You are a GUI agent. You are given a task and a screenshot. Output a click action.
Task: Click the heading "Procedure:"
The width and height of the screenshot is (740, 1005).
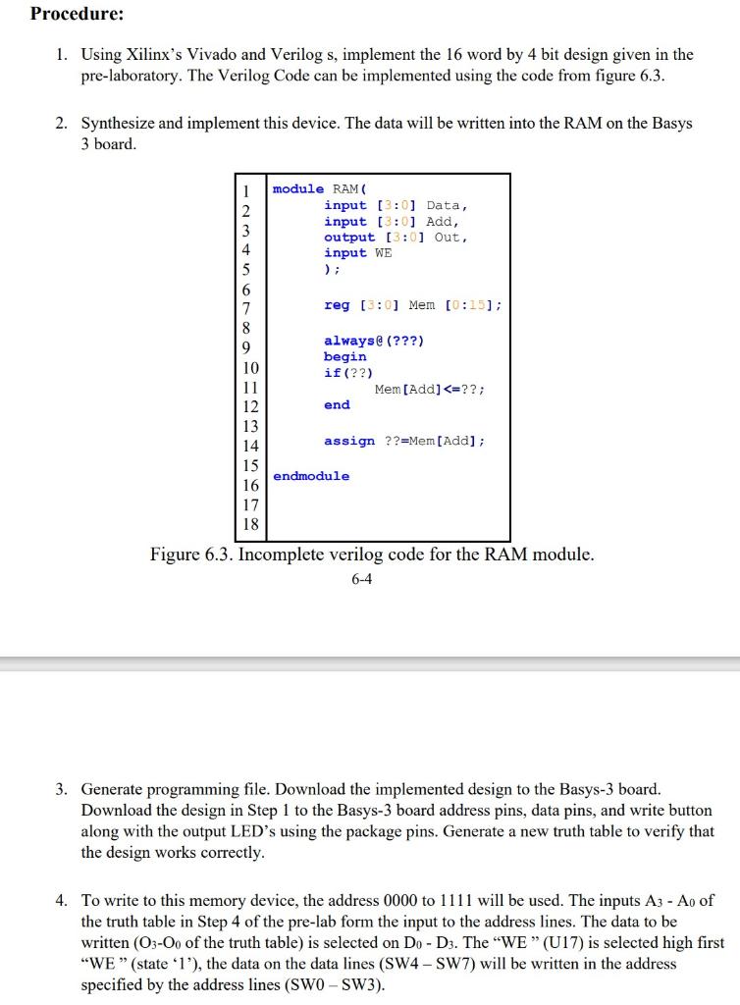78,15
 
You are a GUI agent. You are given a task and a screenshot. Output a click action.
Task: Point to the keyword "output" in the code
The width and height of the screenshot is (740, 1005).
349,237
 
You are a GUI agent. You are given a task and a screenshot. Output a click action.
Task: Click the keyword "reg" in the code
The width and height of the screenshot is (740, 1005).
337,305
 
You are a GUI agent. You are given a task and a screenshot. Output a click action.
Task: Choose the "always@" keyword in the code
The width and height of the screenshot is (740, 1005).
353,341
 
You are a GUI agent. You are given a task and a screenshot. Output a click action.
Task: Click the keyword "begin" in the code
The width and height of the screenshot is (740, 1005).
344,356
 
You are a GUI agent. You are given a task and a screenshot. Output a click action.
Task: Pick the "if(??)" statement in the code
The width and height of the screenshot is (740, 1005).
348,373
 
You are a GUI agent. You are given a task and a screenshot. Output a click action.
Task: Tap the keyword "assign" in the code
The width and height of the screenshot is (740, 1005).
349,441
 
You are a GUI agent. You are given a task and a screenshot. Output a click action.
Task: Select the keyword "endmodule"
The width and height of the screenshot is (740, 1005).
311,476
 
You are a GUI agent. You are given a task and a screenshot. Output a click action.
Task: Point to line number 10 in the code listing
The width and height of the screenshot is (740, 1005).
250,368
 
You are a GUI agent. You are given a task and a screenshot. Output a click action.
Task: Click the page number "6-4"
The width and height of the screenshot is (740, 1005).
361,579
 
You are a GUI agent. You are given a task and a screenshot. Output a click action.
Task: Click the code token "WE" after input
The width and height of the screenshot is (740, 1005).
382,252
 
